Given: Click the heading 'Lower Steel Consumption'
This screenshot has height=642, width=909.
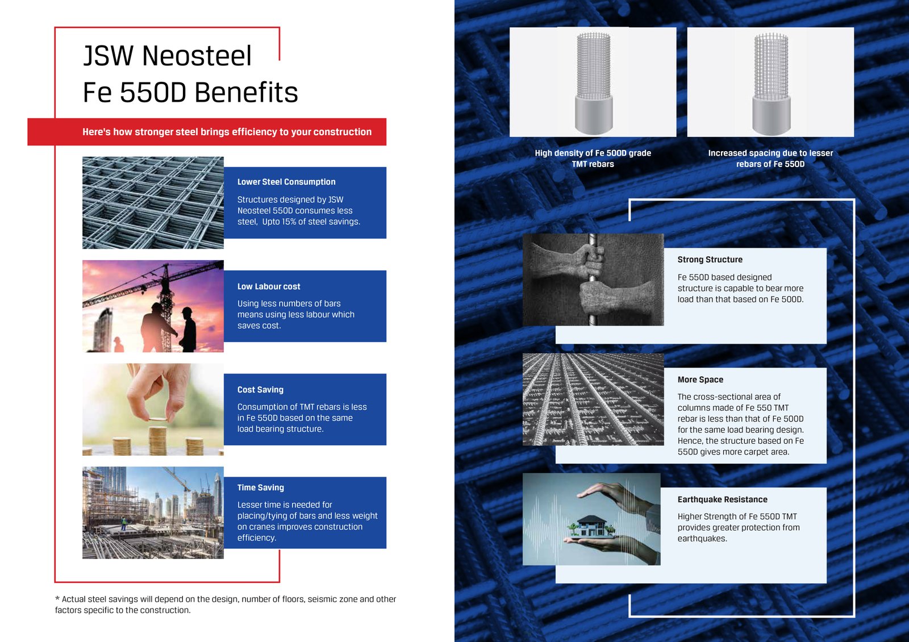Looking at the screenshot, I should pos(286,182).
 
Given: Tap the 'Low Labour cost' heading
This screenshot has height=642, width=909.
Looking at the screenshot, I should pos(269,286).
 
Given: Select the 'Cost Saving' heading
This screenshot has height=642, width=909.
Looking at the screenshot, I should pos(260,390).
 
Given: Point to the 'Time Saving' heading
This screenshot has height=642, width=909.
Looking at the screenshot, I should pos(261,487).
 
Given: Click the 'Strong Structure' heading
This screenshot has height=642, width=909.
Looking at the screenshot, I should pos(710,260).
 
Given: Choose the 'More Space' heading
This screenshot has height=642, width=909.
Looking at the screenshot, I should pos(700,380).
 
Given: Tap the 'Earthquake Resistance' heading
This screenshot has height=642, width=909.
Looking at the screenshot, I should pos(722,499).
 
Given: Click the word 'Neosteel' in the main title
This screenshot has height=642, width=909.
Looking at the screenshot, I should pos(197,56).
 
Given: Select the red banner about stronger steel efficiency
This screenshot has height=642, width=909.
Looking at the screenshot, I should pos(207,132).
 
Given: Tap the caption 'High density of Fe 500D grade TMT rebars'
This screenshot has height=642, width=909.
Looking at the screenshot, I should pos(593,159).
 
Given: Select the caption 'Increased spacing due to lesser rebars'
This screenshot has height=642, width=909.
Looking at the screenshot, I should pos(770,159).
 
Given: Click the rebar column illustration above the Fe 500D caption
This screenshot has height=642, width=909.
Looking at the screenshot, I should pos(593,82).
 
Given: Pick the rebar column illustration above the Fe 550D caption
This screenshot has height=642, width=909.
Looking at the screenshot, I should pos(771,82).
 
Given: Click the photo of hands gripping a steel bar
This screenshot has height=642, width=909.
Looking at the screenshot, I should pos(593,280).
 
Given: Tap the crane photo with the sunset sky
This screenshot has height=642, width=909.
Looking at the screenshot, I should pos(153,306).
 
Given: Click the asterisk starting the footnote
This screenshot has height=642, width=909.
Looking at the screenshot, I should pos(57,599).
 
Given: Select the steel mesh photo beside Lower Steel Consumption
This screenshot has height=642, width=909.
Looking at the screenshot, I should pos(153,203).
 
